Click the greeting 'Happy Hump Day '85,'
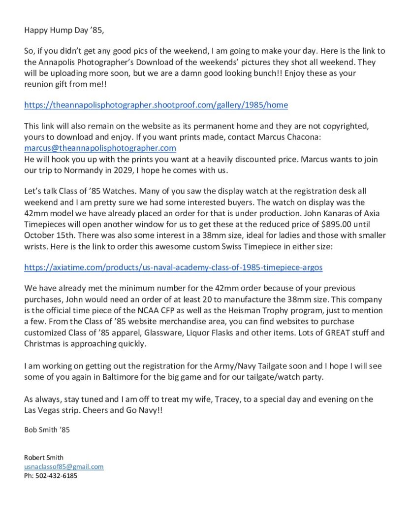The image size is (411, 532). point(64,30)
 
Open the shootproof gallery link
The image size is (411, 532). point(156,105)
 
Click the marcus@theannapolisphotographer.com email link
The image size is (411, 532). point(100,148)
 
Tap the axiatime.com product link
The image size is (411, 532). point(173,267)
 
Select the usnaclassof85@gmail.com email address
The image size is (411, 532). point(64,466)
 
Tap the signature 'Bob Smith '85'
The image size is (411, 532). point(47,430)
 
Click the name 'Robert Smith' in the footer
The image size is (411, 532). point(44,457)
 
